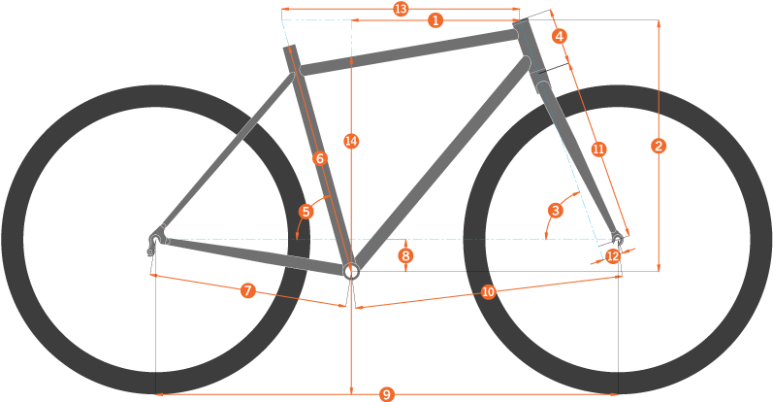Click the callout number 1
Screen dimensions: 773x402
point(435,20)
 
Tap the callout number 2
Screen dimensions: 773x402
point(659,146)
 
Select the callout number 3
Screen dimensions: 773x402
point(556,211)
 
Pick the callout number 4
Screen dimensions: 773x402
point(559,36)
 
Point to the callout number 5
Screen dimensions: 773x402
point(306,212)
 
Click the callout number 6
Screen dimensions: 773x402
point(320,158)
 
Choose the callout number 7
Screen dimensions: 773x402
point(248,290)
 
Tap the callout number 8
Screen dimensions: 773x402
point(405,255)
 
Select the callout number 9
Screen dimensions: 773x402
point(386,394)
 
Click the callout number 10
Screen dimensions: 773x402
point(488,292)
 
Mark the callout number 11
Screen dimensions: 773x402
point(598,150)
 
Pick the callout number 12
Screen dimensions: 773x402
point(613,256)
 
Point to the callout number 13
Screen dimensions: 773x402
point(402,9)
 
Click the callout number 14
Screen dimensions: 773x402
point(351,141)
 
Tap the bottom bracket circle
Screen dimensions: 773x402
point(351,271)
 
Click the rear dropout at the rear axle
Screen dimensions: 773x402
point(156,239)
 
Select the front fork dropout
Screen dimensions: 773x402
point(617,239)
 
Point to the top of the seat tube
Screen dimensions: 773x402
point(289,48)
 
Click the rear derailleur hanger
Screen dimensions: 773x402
point(150,251)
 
